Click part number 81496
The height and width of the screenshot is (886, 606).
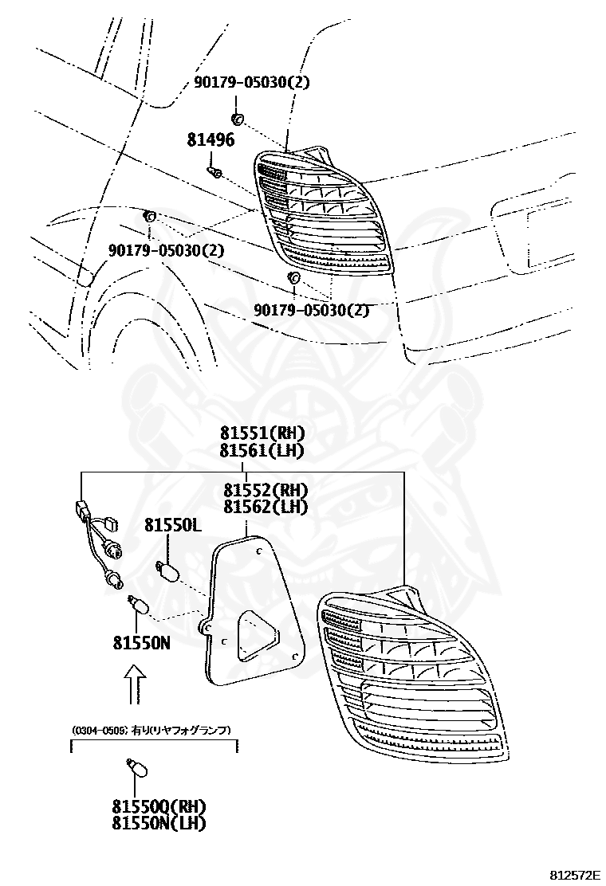point(211,139)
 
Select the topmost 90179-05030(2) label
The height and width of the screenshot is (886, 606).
point(251,83)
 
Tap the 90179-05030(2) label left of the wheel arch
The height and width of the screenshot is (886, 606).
point(166,249)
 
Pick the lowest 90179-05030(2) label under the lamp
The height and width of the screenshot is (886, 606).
point(311,310)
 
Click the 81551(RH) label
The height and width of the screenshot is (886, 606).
point(262,433)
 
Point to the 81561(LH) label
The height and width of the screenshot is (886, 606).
point(262,450)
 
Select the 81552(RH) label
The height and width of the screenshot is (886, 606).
point(265,489)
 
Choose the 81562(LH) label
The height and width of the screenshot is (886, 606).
point(265,507)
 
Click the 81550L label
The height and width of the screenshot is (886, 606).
point(172,525)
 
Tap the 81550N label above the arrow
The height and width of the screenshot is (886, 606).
point(141,643)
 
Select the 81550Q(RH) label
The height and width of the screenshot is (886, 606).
point(159,806)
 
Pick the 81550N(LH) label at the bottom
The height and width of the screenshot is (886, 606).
point(159,823)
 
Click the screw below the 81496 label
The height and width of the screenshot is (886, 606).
point(214,171)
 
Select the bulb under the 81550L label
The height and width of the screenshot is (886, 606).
point(167,570)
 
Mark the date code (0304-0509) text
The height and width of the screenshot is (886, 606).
point(100,730)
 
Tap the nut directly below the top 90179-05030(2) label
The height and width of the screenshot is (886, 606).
point(237,119)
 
